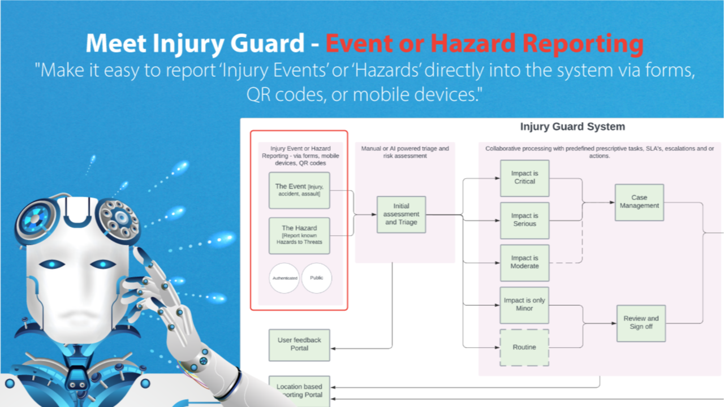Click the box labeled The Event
click(x=299, y=190)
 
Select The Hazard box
click(x=299, y=235)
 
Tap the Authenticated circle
click(x=284, y=278)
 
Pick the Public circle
click(x=316, y=278)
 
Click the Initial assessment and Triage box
click(x=401, y=214)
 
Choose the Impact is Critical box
click(x=524, y=177)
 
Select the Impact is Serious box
click(x=524, y=220)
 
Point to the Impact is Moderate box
click(x=524, y=262)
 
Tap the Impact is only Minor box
click(x=524, y=305)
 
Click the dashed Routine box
click(x=524, y=347)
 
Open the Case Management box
click(x=639, y=202)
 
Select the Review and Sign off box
click(x=641, y=322)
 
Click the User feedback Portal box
click(x=299, y=344)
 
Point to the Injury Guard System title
click(x=572, y=127)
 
